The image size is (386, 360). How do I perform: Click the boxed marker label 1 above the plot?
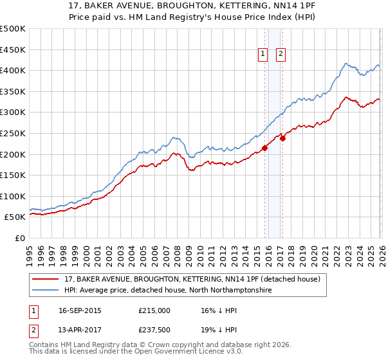264,55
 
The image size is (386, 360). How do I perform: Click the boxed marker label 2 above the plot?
281,55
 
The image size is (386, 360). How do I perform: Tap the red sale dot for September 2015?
264,148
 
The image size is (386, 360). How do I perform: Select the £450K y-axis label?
14,50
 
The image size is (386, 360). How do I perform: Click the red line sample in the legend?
46,279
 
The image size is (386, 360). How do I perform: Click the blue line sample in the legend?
46,291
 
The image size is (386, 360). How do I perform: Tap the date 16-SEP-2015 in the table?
80,310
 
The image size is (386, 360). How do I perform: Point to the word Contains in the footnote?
44,345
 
